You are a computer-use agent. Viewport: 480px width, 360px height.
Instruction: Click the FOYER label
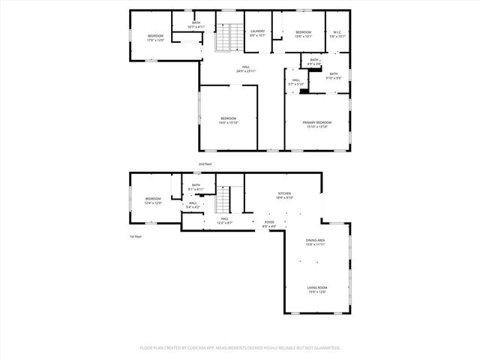(x=269, y=223)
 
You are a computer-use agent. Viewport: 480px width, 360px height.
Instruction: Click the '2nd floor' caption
(x=205, y=163)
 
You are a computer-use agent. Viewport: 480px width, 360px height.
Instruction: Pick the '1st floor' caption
(x=135, y=237)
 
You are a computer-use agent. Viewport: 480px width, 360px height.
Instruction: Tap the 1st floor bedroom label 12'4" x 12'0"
(x=152, y=200)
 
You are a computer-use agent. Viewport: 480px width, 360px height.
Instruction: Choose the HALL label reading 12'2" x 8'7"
(x=224, y=220)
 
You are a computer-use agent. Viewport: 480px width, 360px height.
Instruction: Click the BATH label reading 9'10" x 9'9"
(x=334, y=75)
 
